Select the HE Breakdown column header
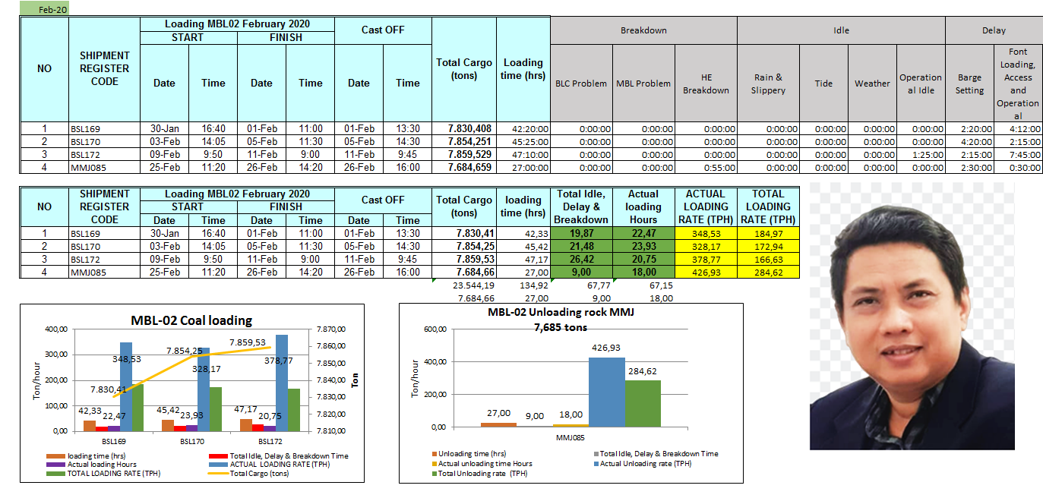[706, 84]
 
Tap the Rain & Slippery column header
[769, 84]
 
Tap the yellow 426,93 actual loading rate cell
[706, 272]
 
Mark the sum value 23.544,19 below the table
[473, 285]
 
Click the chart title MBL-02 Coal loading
[191, 320]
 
